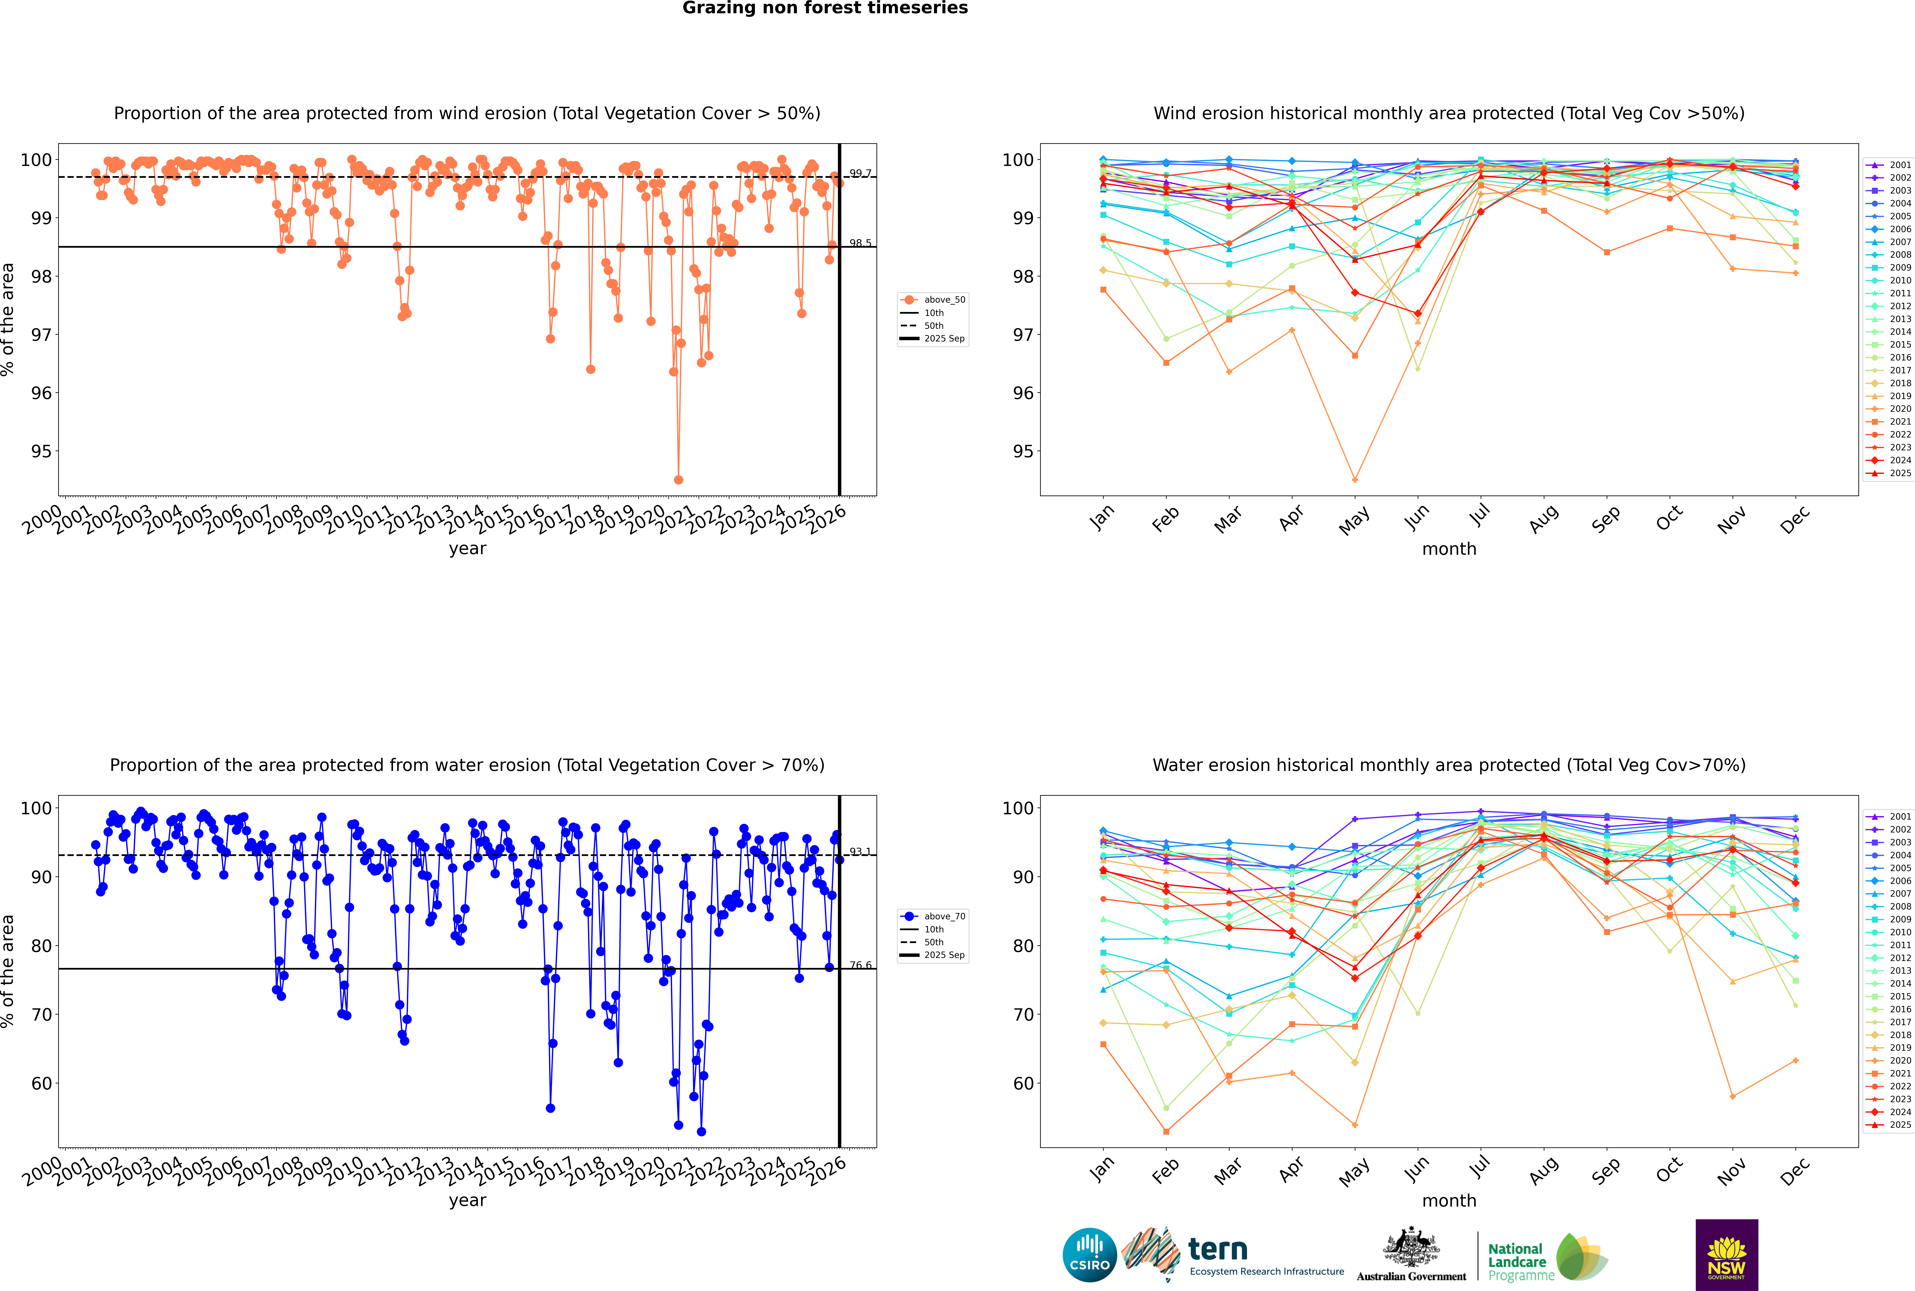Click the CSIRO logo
(1089, 1255)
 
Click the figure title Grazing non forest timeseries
(825, 8)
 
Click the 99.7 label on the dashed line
(860, 173)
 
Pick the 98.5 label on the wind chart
(860, 243)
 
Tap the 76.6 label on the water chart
(860, 965)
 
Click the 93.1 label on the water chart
(860, 851)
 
